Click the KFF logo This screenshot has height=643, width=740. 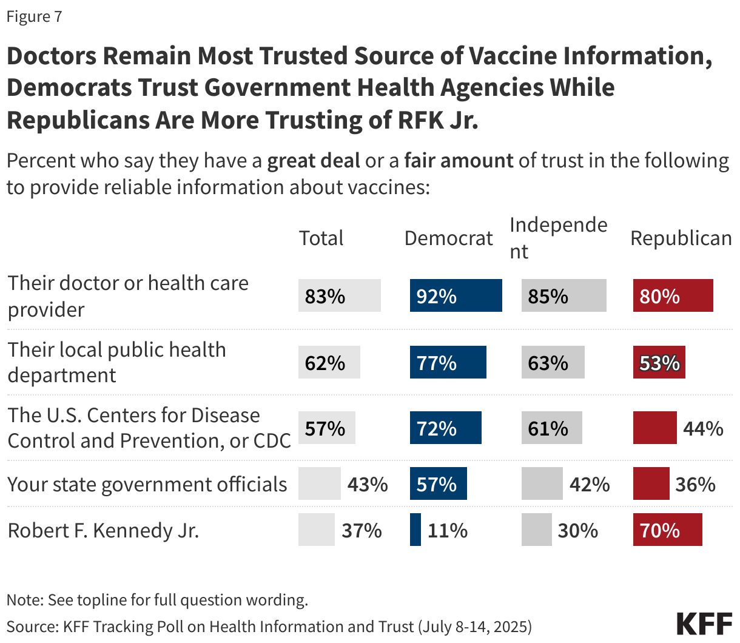704,624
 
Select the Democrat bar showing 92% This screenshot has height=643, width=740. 456,295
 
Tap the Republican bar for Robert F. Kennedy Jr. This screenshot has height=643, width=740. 667,530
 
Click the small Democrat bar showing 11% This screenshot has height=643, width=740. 415,530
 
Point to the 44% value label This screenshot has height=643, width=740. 703,428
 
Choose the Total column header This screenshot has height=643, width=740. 321,238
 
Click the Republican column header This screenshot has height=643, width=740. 681,238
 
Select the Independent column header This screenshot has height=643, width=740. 558,238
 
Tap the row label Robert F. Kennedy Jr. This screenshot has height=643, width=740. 103,530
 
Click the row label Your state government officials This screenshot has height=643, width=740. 147,484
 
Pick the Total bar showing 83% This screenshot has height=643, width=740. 339,295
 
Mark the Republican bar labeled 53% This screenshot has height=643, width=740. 659,362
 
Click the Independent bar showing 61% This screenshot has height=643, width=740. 551,428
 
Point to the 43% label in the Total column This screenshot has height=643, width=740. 368,484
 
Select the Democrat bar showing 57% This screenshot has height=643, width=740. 438,483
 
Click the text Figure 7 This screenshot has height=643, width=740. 34,16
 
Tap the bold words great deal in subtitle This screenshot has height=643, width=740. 314,161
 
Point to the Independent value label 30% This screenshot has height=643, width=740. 577,530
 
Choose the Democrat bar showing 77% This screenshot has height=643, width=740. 448,362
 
